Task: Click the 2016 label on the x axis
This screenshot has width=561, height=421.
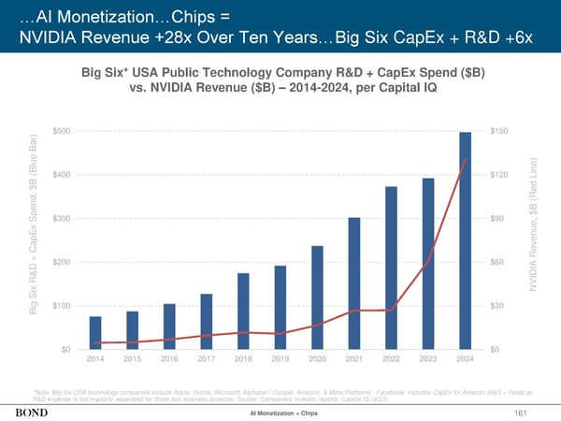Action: point(169,359)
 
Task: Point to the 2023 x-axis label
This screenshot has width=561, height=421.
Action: point(428,359)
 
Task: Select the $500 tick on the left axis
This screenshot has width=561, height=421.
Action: point(64,131)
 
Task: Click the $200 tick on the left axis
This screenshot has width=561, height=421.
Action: point(64,262)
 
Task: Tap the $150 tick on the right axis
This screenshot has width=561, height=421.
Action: point(499,131)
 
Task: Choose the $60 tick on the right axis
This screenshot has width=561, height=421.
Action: point(497,262)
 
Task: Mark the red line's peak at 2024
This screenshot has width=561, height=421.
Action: point(465,160)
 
